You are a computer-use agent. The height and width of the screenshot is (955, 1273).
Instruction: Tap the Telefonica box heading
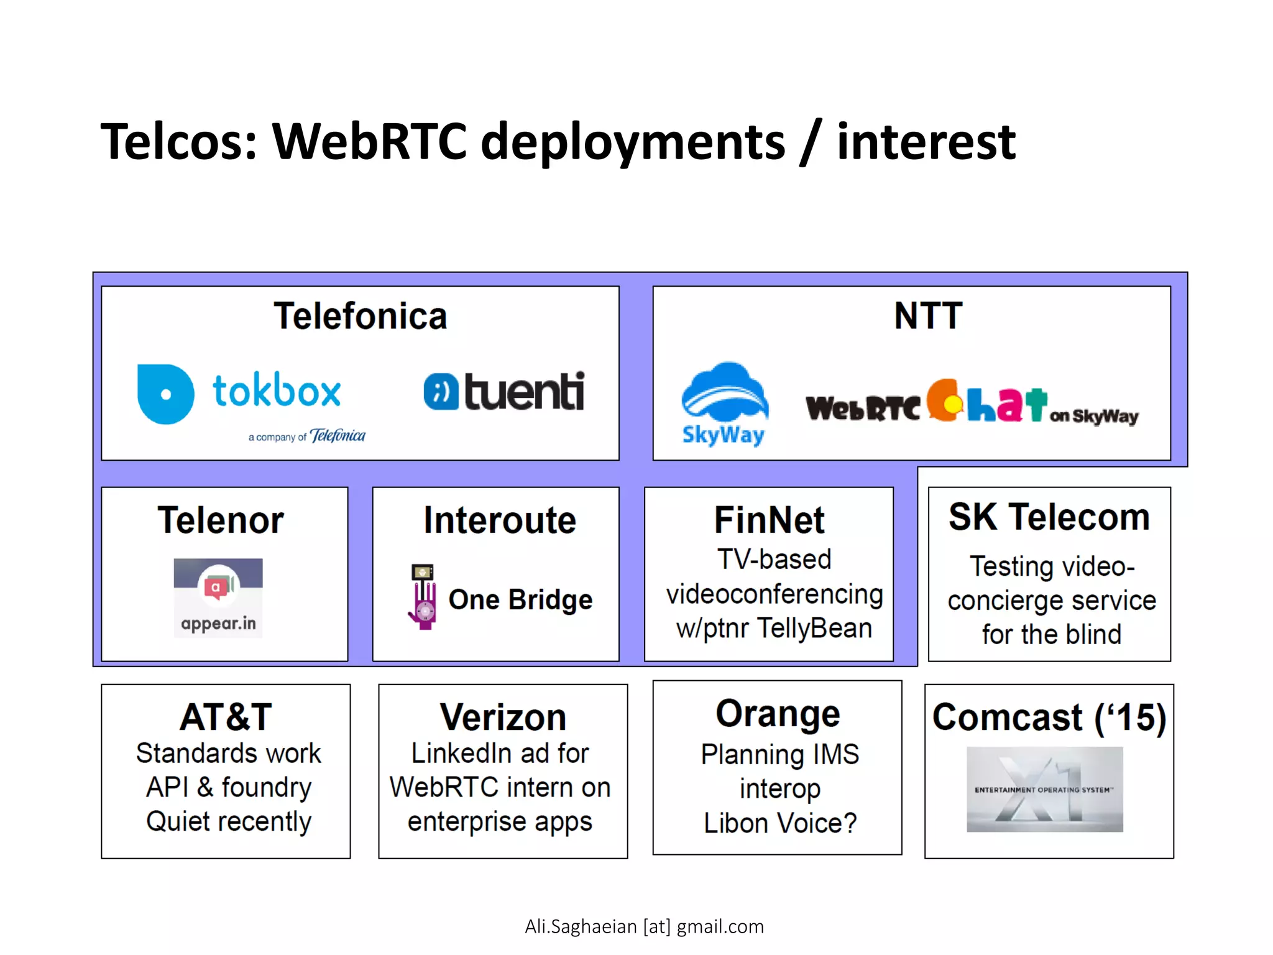[x=360, y=316]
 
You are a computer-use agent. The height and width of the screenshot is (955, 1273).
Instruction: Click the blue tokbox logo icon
[x=165, y=394]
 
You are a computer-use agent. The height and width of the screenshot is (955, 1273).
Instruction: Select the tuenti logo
[x=504, y=392]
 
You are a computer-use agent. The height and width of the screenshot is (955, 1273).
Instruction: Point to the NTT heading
[x=928, y=315]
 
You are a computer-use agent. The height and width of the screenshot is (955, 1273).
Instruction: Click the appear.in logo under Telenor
[x=218, y=597]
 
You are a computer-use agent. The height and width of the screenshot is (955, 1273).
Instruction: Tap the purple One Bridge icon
[x=423, y=597]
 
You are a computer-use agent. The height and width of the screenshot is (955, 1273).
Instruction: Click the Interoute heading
[x=500, y=520]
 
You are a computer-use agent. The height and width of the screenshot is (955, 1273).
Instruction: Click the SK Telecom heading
[x=1049, y=517]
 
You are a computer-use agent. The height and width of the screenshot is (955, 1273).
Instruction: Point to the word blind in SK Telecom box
[x=1093, y=635]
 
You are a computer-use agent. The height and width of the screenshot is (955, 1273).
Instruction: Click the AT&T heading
[x=226, y=717]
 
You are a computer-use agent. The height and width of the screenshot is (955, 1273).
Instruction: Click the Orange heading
[x=778, y=713]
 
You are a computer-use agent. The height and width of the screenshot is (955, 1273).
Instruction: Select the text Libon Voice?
[x=780, y=823]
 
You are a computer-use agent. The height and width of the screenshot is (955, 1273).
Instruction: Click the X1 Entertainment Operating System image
[x=1045, y=790]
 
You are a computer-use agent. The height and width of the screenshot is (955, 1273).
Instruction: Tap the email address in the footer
[x=644, y=926]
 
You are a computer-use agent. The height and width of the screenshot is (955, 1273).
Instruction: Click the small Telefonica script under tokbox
[x=338, y=436]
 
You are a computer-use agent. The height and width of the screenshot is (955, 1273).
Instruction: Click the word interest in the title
[x=926, y=142]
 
